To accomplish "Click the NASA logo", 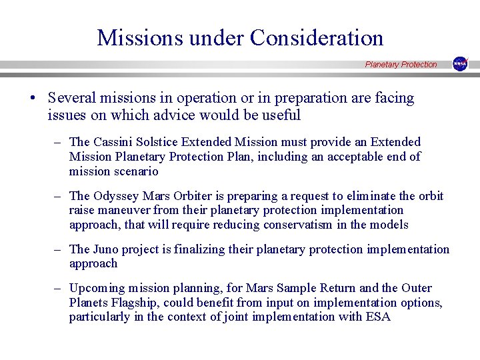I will (x=460, y=64).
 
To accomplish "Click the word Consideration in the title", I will (x=317, y=37).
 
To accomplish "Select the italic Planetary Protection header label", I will (x=401, y=65).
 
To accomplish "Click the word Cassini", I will (x=112, y=142).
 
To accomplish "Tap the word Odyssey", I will (x=115, y=196).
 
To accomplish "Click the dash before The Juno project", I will (x=59, y=249).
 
